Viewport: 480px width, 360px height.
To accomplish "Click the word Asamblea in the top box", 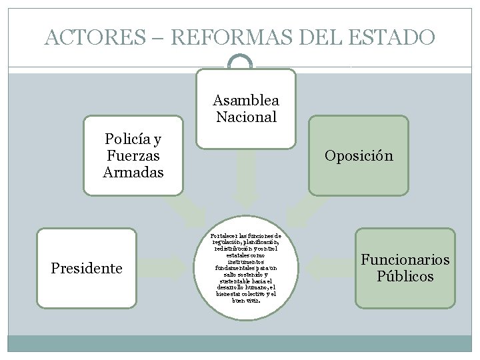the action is pyautogui.click(x=246, y=101).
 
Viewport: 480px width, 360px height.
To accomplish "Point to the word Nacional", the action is pyautogui.click(x=246, y=117).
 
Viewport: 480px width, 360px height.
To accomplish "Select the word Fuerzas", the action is pyautogui.click(x=133, y=156).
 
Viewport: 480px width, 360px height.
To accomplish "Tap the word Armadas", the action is pyautogui.click(x=133, y=173).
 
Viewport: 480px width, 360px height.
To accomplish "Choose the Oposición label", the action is pyautogui.click(x=359, y=156).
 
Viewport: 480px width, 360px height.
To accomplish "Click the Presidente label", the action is pyautogui.click(x=87, y=268).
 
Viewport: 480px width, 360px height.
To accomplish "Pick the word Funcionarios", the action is pyautogui.click(x=405, y=259).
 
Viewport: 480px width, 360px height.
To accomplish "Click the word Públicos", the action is pyautogui.click(x=405, y=277).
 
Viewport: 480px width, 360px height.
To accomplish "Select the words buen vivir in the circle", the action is pyautogui.click(x=245, y=300).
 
